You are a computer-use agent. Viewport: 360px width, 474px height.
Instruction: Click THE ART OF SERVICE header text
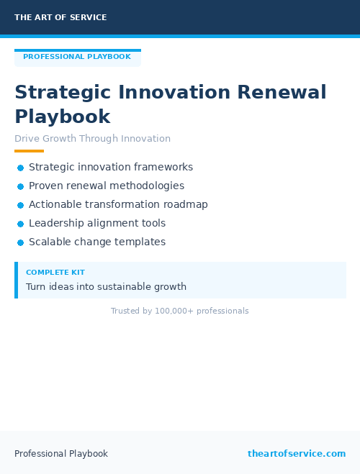60,17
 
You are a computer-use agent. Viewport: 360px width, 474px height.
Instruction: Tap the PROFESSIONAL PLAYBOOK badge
77,57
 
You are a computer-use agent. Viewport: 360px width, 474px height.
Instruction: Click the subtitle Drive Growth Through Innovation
92,139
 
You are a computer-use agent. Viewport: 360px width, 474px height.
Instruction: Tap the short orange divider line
29,151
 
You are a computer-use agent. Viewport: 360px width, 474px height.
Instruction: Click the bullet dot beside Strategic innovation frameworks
20,168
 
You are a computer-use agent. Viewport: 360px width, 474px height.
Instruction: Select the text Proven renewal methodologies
107,186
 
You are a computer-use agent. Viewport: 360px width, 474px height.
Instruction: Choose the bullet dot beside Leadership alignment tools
20,224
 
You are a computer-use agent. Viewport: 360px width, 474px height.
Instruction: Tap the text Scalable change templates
97,242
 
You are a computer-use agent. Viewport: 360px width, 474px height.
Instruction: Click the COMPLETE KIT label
55,273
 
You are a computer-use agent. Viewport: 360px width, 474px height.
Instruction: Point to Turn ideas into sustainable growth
106,287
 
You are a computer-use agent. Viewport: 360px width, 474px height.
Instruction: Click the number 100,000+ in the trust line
174,311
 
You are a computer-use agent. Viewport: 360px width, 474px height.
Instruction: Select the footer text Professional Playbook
61,454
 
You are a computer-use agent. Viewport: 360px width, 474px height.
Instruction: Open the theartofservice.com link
297,454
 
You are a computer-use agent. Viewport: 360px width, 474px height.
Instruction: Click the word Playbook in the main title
63,117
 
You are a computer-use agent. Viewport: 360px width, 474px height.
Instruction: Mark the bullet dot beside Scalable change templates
20,242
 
